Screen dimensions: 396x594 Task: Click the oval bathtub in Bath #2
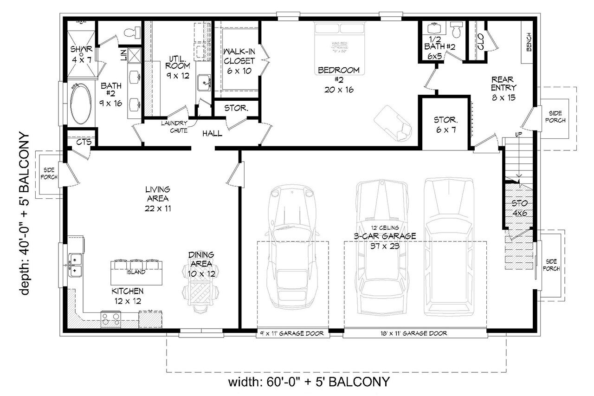pos(82,104)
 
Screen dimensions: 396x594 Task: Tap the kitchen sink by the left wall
pos(75,265)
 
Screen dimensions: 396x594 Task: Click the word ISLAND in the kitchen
pos(137,272)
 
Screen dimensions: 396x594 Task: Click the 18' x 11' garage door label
pos(415,333)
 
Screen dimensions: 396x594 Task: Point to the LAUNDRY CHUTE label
pos(174,127)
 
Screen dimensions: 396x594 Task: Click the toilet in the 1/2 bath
pos(456,30)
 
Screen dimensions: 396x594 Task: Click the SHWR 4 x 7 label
pos(82,53)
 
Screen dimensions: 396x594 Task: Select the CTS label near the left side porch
pos(84,142)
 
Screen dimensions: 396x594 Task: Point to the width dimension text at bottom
pos(309,383)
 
